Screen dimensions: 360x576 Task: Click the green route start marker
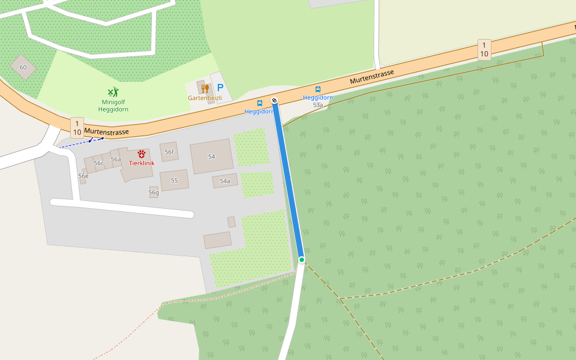coord(302,259)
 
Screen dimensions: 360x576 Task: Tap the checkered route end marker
coord(274,100)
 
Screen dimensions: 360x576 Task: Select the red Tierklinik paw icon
coord(142,154)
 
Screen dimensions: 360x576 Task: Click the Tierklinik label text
coord(142,163)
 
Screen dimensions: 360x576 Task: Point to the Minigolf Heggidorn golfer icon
coord(113,92)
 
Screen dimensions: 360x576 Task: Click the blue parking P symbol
coord(220,88)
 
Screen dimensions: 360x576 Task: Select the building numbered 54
coord(211,157)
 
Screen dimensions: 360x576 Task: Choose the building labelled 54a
coord(225,181)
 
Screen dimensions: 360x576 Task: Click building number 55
coord(174,180)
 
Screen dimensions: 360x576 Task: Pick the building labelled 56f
coord(169,152)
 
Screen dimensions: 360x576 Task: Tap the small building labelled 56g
coord(154,192)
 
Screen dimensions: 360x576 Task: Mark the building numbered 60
coord(23,67)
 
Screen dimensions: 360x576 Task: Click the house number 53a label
coord(318,105)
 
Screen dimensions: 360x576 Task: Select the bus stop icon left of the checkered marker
coord(260,103)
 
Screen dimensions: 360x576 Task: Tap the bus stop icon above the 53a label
coord(318,89)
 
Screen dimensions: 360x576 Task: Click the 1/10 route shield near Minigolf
coord(77,127)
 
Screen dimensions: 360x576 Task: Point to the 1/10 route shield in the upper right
coord(484,49)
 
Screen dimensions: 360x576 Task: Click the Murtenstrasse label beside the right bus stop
coord(372,77)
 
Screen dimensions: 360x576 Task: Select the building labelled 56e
coord(83,176)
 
